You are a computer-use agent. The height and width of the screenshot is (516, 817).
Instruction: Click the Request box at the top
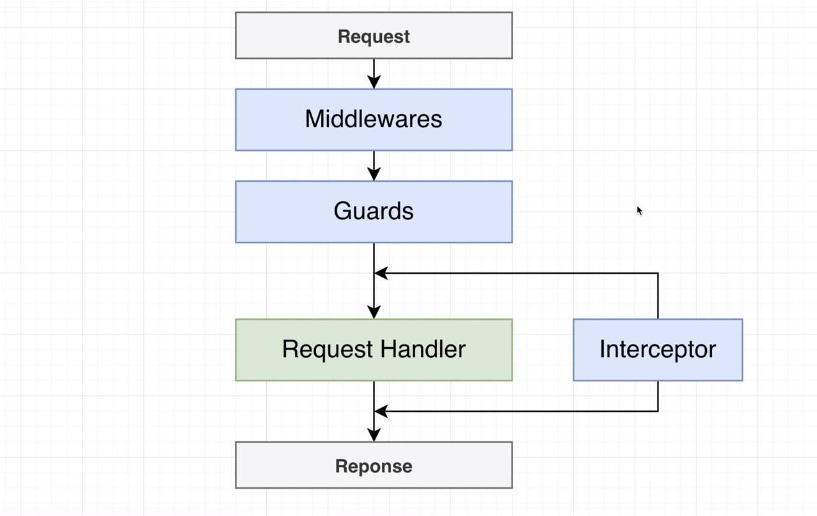pyautogui.click(x=374, y=36)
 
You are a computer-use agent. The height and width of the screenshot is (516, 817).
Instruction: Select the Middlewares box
pyautogui.click(x=374, y=120)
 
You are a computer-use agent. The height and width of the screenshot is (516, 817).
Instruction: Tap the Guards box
pyautogui.click(x=374, y=212)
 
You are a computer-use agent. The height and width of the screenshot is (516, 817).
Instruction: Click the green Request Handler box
pyautogui.click(x=374, y=350)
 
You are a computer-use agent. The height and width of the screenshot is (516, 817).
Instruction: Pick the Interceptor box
pyautogui.click(x=658, y=350)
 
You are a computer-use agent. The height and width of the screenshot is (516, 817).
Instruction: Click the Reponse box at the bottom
pyautogui.click(x=374, y=465)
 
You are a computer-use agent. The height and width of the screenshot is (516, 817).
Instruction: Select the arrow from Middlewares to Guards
pyautogui.click(x=374, y=165)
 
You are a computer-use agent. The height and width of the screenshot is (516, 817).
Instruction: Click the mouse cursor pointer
pyautogui.click(x=639, y=210)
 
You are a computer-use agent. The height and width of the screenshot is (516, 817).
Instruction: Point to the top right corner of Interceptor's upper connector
pyautogui.click(x=658, y=273)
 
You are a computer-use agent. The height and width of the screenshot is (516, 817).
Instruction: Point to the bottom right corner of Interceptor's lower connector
pyautogui.click(x=658, y=411)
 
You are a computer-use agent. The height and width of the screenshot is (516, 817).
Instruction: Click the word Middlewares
pyautogui.click(x=374, y=120)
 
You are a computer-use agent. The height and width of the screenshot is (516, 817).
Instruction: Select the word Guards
pyautogui.click(x=374, y=212)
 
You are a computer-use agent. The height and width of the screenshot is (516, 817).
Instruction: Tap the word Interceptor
pyautogui.click(x=658, y=350)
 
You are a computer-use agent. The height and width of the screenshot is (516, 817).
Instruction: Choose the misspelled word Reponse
pyautogui.click(x=374, y=466)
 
